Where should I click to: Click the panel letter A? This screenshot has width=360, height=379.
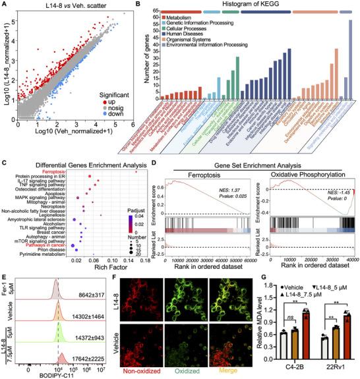6,5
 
